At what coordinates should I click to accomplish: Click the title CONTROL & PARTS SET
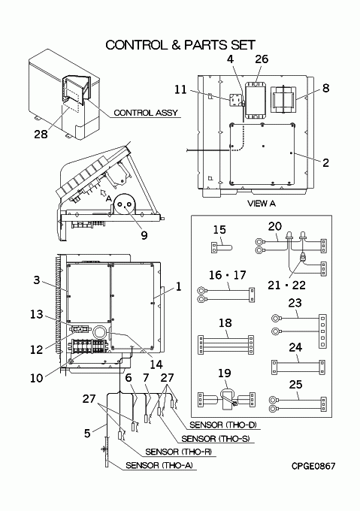[180, 45]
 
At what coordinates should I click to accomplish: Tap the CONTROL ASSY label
[146, 113]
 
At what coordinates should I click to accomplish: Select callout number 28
[41, 134]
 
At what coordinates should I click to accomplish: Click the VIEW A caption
[262, 204]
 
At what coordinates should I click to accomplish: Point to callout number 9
[144, 235]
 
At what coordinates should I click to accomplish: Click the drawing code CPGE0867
[313, 466]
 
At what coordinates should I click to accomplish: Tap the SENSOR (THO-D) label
[223, 425]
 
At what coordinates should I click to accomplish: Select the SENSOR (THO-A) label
[159, 465]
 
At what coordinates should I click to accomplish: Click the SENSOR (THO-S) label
[216, 439]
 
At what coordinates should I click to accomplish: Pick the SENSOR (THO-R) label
[179, 452]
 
